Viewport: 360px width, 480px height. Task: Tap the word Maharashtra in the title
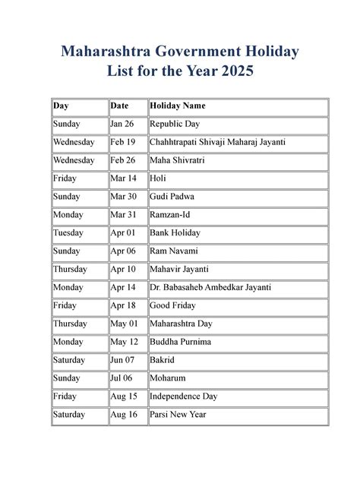(x=112, y=52)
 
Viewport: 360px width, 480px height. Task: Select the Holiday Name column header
(x=178, y=106)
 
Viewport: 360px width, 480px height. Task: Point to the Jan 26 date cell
(x=122, y=124)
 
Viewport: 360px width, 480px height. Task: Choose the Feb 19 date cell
(x=122, y=142)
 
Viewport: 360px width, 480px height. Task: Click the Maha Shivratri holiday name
(x=178, y=160)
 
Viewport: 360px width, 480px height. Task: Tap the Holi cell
(x=158, y=178)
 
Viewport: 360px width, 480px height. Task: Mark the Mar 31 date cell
(x=123, y=215)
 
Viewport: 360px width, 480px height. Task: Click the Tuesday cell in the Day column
(x=68, y=233)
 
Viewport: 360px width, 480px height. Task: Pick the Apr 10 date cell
(x=122, y=270)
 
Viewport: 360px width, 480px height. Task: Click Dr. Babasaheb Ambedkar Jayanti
(x=210, y=288)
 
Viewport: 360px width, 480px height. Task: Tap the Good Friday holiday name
(x=172, y=305)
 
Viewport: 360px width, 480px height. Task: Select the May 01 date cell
(x=124, y=324)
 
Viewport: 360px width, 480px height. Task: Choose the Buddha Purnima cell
(x=181, y=342)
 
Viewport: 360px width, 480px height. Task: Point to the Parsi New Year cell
(x=178, y=415)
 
